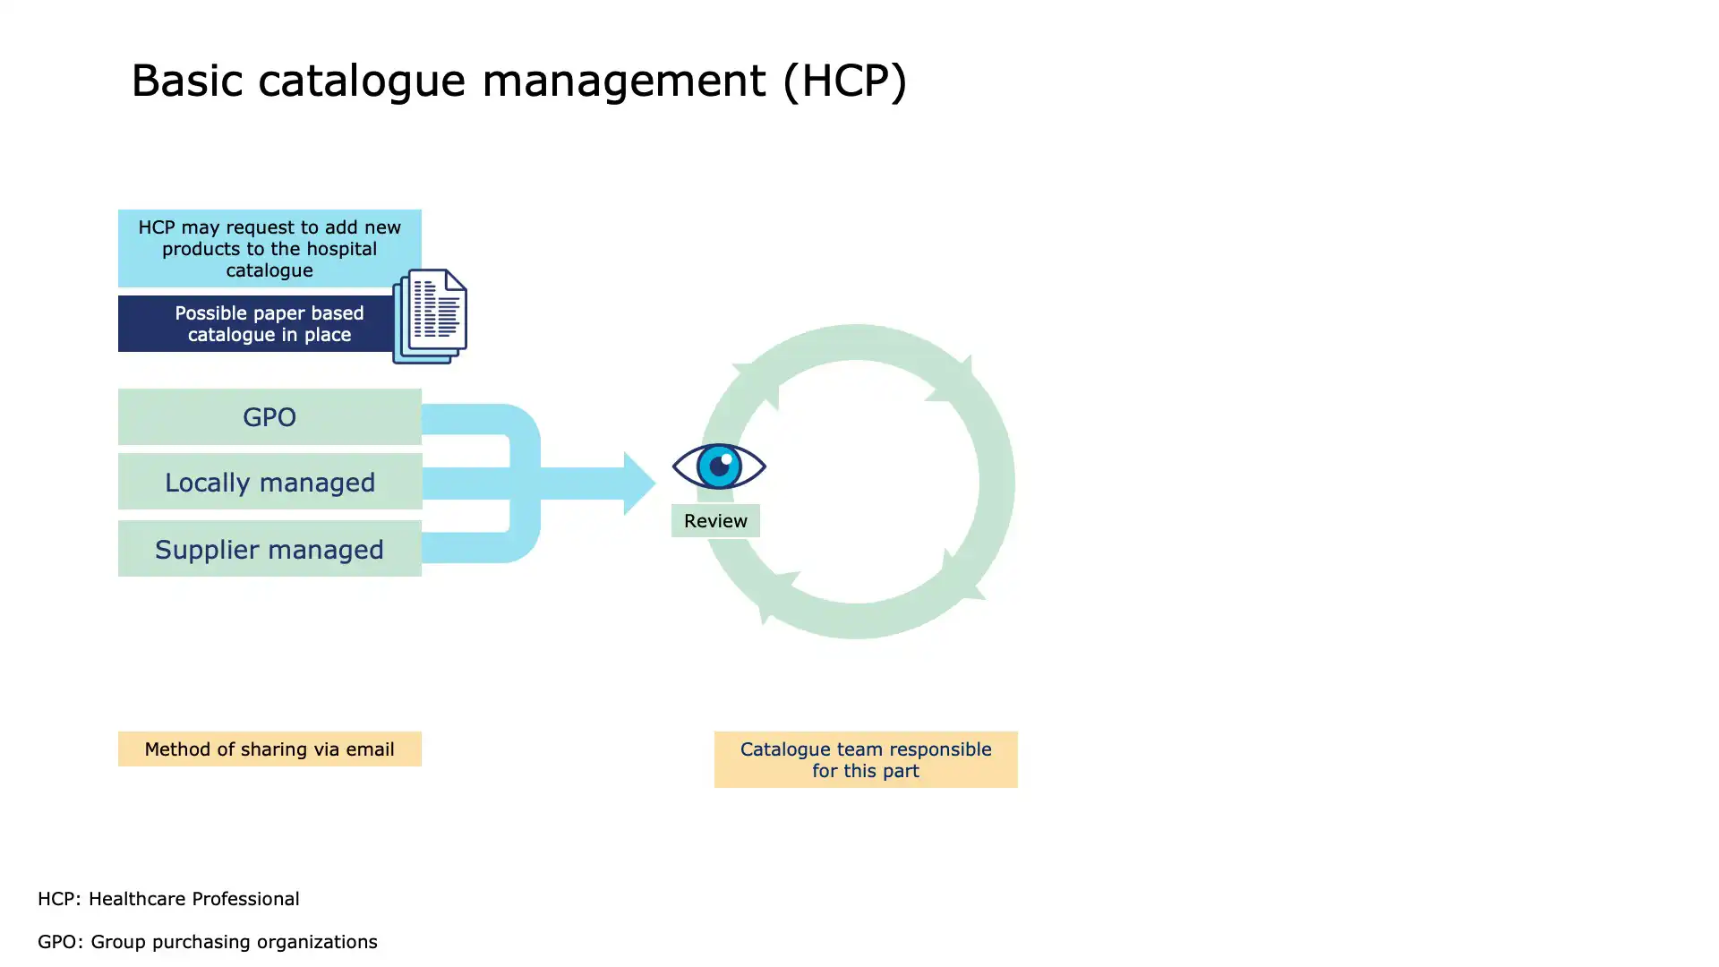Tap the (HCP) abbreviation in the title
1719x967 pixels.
[844, 81]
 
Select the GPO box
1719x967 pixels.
[269, 416]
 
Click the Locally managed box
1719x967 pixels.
[269, 482]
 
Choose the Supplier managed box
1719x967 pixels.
[269, 548]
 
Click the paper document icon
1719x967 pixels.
[430, 316]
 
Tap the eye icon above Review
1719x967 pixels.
[719, 466]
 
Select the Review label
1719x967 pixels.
[715, 520]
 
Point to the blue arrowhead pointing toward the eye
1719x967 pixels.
[639, 483]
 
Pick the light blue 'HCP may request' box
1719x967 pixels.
[269, 248]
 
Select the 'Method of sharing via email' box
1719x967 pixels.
[269, 749]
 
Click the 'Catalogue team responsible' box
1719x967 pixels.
[866, 759]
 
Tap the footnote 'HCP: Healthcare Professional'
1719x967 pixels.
[168, 899]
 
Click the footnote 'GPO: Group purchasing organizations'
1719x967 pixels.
[208, 942]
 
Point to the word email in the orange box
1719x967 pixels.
[371, 749]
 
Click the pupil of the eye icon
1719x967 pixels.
[719, 466]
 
